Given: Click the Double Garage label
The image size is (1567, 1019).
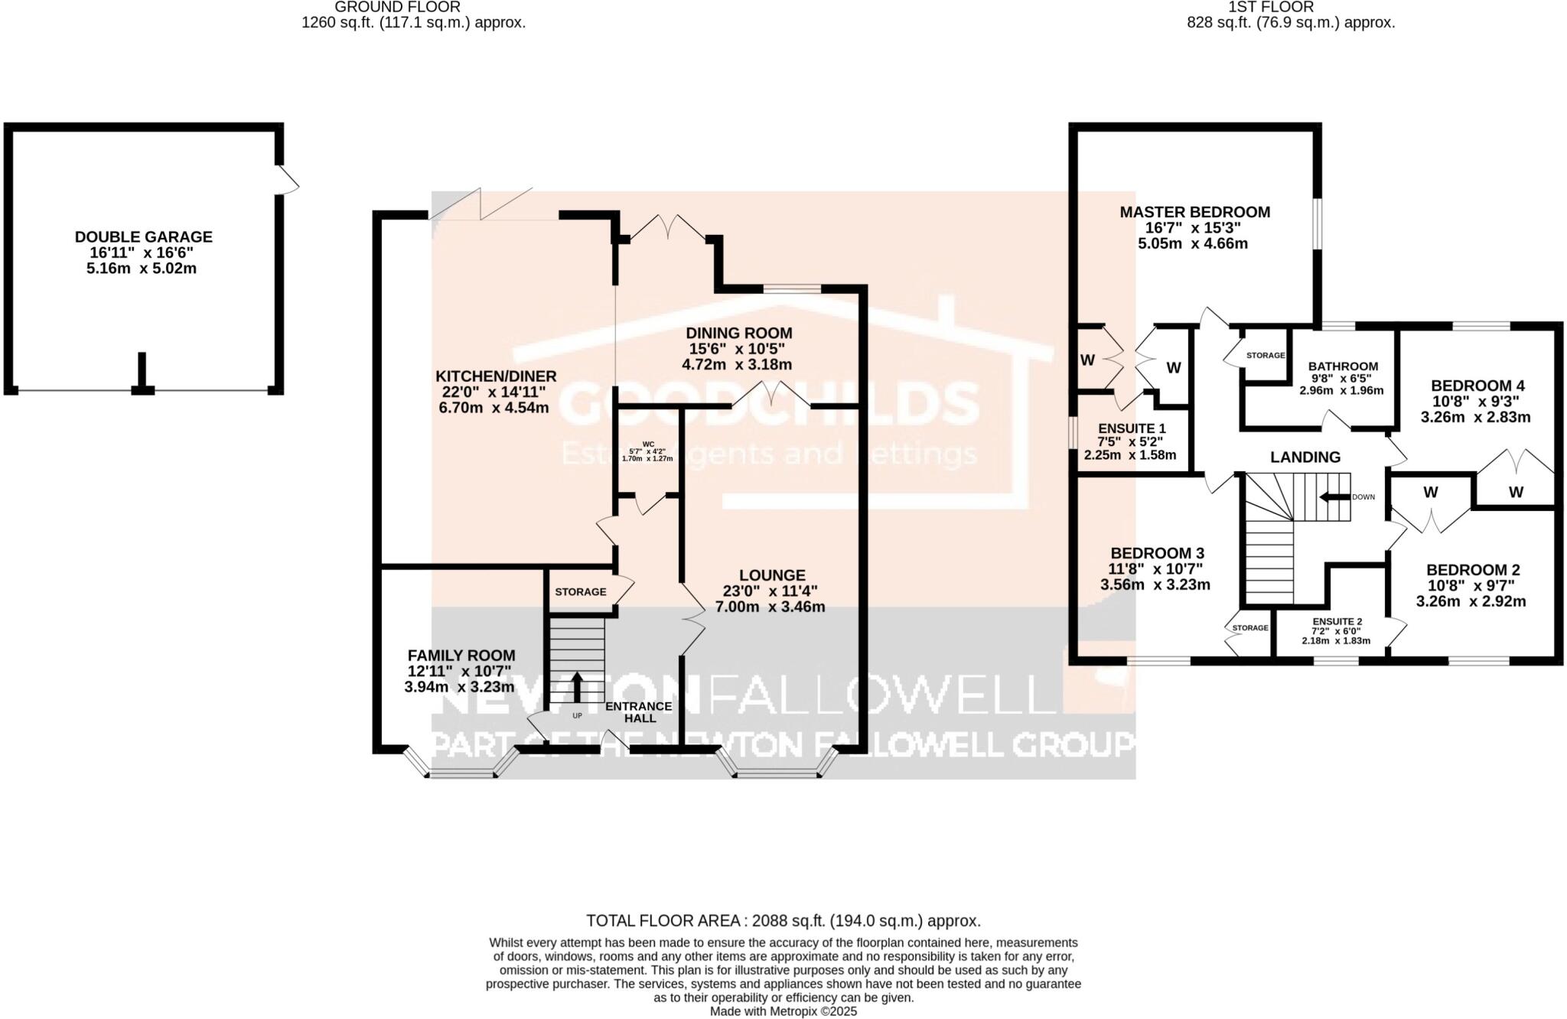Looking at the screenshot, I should pos(143,237).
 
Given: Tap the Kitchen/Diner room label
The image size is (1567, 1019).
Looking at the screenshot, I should pos(495,376).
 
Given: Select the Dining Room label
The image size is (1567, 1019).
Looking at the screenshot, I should pos(738,333).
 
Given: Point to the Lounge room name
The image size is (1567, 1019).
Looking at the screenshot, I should pos(772,575).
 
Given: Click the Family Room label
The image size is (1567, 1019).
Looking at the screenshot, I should pos(461,656).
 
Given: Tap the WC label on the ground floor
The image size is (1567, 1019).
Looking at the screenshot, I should pos(647,444).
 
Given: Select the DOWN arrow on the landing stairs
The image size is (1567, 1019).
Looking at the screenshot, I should pos(1334,496).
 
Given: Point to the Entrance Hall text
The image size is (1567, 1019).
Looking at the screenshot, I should pos(639,712).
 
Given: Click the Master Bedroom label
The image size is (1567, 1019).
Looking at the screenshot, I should pos(1194,212).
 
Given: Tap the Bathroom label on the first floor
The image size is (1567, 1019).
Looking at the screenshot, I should pos(1342,366).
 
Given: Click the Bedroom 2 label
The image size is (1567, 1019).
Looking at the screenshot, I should pos(1472,570).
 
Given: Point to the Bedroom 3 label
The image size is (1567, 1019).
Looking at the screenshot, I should pos(1157,553).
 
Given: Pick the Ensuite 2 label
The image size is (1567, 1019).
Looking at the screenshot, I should pos(1337,621).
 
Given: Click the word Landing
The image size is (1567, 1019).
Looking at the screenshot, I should pos(1305,457).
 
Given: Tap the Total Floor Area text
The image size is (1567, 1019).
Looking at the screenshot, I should pos(783,920).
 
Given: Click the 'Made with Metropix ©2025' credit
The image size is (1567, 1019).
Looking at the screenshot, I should pos(783,1011).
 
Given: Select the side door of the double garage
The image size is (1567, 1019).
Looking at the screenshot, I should pos(287,179).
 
